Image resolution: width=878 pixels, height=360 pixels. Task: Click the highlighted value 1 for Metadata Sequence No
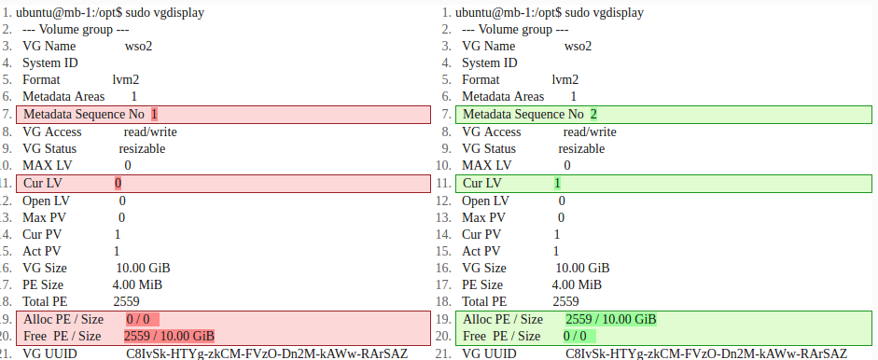(x=154, y=114)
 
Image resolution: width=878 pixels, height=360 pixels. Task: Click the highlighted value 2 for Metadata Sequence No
(x=593, y=114)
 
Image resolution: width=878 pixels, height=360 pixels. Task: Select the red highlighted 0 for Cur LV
(x=118, y=184)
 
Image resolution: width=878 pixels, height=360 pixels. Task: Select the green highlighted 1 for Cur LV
(x=558, y=184)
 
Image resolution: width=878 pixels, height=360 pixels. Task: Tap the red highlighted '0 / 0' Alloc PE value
(x=138, y=319)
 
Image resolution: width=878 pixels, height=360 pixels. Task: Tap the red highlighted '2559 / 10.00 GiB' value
(x=169, y=336)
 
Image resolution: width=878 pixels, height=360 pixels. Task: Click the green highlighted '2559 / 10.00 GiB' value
(x=611, y=319)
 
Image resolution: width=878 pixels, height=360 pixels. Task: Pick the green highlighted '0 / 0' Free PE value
(x=575, y=336)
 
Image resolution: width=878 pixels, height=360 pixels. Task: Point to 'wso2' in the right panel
(x=578, y=46)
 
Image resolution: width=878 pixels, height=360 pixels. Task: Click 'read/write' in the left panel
(x=150, y=132)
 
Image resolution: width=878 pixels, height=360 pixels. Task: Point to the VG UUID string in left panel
(x=267, y=353)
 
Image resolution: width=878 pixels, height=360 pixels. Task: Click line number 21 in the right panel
(x=443, y=353)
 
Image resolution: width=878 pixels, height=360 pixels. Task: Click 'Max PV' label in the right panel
(x=486, y=217)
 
